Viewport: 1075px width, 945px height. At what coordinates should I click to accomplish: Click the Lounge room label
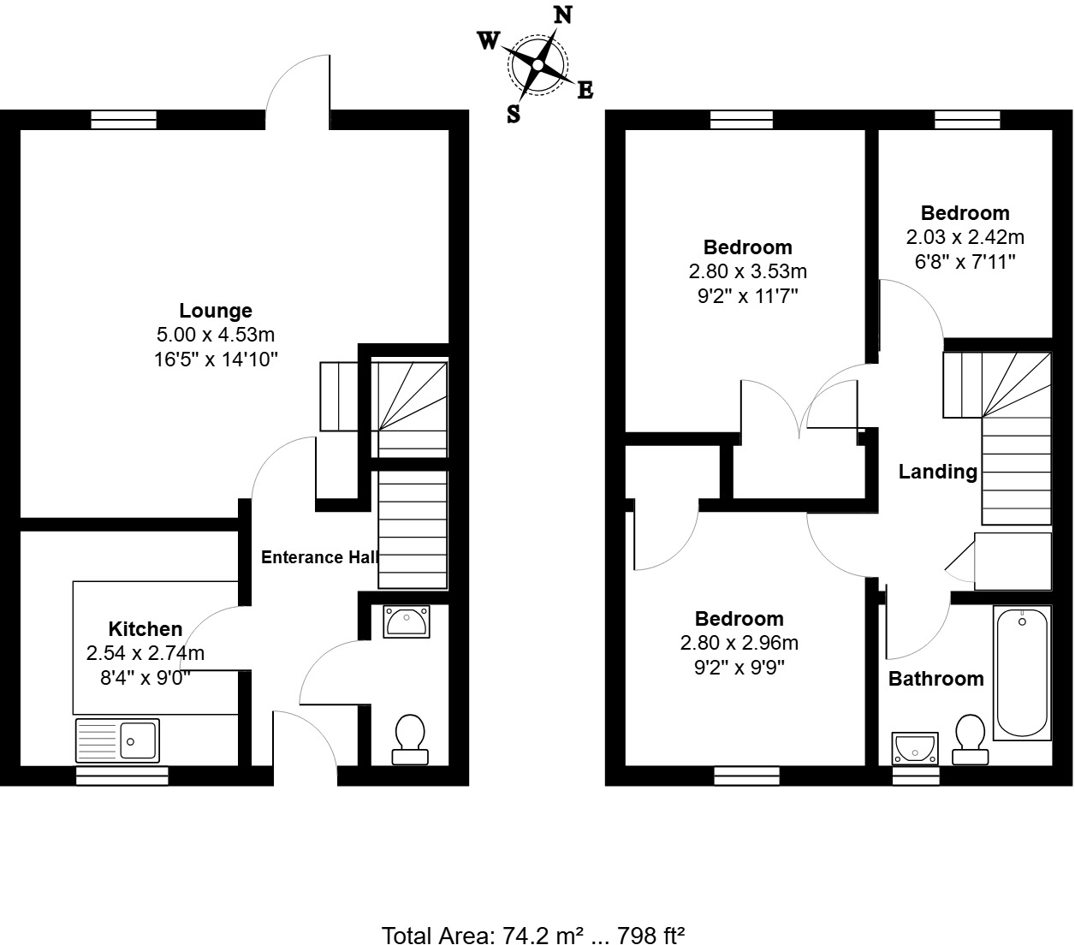(216, 311)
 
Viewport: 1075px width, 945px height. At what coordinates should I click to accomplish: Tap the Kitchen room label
(146, 629)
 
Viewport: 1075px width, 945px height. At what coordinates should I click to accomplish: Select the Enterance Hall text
(319, 557)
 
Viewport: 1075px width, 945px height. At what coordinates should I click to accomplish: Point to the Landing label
(937, 472)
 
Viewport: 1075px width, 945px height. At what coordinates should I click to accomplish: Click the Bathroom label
(935, 679)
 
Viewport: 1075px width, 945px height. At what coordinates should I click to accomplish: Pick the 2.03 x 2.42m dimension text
(965, 237)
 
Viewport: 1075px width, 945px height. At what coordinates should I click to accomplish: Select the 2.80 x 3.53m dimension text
(747, 271)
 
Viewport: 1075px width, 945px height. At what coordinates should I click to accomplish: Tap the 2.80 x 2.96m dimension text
(739, 643)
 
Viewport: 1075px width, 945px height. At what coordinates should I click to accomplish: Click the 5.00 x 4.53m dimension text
(215, 335)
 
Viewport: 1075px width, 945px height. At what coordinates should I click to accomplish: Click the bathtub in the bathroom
(1022, 672)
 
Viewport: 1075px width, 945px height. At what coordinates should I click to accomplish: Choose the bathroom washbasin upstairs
(915, 747)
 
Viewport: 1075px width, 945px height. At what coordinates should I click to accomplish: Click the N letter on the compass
(563, 15)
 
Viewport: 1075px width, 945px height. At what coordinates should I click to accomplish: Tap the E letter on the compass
(585, 90)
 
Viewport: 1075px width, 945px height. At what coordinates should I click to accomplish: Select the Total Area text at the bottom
(532, 934)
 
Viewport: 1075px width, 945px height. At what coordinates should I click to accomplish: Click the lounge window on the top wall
(124, 120)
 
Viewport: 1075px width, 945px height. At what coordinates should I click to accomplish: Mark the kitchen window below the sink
(122, 776)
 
